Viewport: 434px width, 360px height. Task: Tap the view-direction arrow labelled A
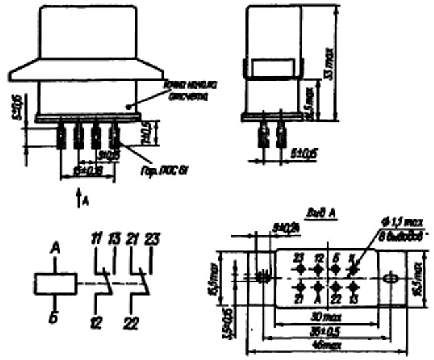[80, 195]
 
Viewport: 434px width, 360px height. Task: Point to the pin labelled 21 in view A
[300, 287]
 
